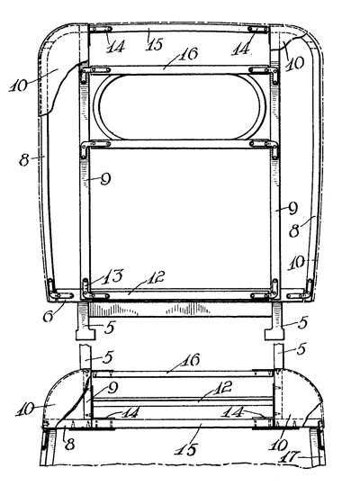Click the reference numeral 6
click(49, 316)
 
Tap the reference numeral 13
click(112, 276)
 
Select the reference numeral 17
click(289, 458)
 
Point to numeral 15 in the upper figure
click(155, 44)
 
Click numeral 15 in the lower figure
click(186, 449)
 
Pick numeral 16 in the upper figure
click(188, 54)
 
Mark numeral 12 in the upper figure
click(155, 277)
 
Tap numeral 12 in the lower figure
click(222, 388)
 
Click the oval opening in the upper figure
click(179, 107)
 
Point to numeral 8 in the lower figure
click(70, 445)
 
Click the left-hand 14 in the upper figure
click(115, 47)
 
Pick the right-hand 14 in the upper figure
click(241, 49)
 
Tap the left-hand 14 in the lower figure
click(130, 413)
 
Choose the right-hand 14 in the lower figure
click(232, 412)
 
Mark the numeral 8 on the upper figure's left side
click(24, 160)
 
